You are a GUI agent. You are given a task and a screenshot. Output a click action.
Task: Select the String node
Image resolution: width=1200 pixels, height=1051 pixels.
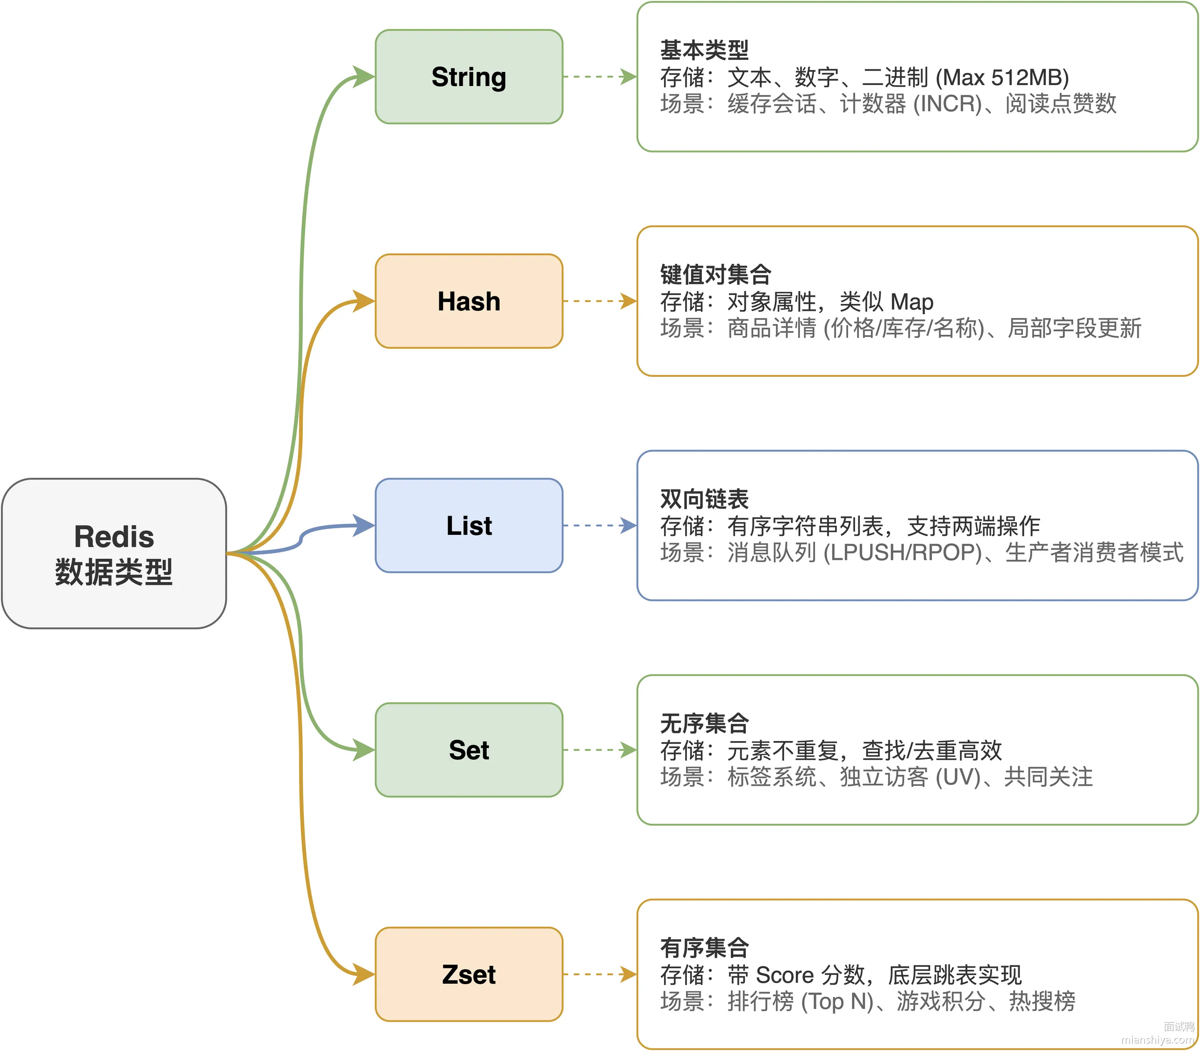pos(469,77)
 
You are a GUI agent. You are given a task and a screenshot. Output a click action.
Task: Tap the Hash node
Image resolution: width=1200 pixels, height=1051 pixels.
pos(469,301)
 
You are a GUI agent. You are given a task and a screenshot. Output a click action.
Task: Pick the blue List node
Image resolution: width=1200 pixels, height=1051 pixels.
pos(469,525)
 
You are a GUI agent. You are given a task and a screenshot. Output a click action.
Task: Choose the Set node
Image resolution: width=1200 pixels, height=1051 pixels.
pos(469,749)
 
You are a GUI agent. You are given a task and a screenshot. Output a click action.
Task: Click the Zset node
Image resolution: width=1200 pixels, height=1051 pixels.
pos(469,974)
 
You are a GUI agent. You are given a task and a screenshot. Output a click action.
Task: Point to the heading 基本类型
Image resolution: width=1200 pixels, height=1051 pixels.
pos(704,50)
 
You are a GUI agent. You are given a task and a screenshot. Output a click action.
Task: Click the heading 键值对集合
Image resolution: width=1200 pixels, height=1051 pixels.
pos(715,274)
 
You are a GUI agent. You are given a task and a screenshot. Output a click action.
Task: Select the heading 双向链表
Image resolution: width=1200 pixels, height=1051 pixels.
pos(704,499)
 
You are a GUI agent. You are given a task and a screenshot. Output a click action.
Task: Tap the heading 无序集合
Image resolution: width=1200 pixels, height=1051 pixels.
pos(704,723)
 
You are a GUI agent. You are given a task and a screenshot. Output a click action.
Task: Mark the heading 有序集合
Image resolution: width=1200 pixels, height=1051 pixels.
pos(704,948)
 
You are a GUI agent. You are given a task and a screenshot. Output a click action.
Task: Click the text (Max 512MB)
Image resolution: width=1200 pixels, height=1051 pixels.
pos(1002,78)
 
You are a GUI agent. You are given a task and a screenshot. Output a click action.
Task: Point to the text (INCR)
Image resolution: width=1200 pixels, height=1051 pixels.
pos(947,104)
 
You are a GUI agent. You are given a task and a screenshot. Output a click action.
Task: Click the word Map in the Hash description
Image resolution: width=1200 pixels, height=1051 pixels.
pos(912,302)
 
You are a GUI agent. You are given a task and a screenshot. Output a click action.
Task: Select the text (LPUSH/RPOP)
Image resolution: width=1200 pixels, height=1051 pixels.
pos(903,553)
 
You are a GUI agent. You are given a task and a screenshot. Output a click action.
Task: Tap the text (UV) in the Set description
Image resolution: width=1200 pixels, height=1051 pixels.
pos(958,777)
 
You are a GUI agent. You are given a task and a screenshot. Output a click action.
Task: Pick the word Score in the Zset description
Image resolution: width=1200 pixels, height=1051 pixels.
pos(785,975)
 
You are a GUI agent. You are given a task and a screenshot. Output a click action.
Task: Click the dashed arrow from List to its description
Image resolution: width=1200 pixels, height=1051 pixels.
pos(600,525)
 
